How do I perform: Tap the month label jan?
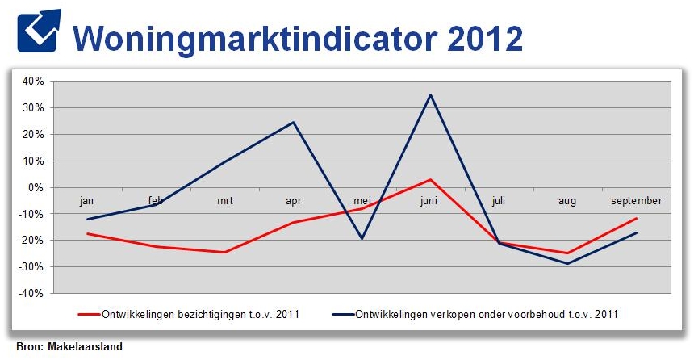[87, 200]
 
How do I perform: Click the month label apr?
[293, 200]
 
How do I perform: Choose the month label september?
[637, 200]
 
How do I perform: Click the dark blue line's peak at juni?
[431, 94]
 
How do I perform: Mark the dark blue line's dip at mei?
[362, 238]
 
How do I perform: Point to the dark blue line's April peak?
[293, 122]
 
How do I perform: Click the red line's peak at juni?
[431, 179]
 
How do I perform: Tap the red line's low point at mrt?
[224, 252]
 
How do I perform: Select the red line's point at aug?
[568, 253]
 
